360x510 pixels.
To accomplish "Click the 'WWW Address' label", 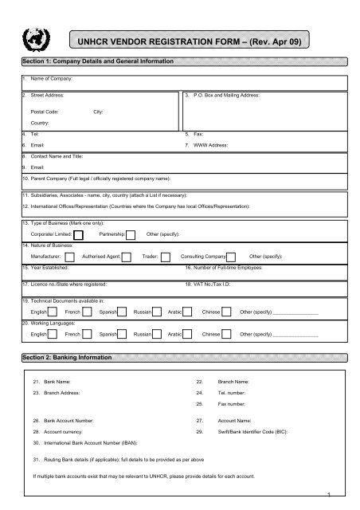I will coord(213,148).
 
